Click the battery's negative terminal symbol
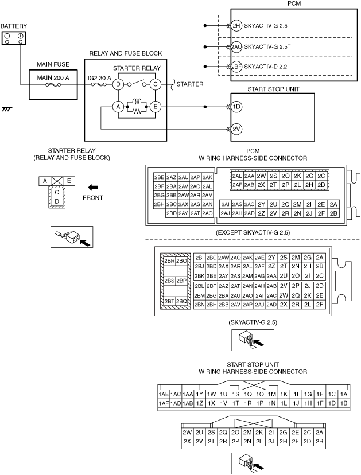click(7, 36)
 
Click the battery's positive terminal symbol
click(21, 36)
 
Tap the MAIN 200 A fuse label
click(53, 78)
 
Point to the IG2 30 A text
click(102, 78)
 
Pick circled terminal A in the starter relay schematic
click(118, 106)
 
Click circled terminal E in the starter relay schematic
click(154, 106)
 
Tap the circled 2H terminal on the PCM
click(236, 26)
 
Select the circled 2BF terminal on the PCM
click(236, 67)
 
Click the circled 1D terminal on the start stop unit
click(236, 107)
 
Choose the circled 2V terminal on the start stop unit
click(236, 129)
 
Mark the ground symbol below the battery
click(7, 107)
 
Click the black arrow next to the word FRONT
click(92, 186)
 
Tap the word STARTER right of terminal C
click(189, 84)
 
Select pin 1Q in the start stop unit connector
click(249, 394)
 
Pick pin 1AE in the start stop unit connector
click(163, 394)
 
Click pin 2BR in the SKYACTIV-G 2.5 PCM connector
click(169, 261)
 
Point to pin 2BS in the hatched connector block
click(169, 281)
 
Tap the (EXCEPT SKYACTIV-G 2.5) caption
click(253, 232)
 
